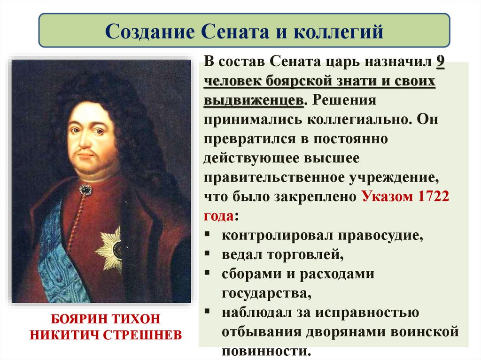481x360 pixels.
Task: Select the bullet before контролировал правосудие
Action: pos(208,235)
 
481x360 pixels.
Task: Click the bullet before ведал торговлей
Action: pos(208,254)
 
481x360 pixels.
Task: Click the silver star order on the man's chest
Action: pos(112,249)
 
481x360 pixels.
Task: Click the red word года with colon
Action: pos(220,216)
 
